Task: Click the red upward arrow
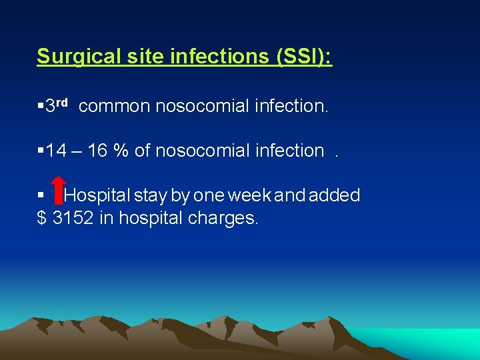[59, 189]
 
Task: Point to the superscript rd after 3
[61, 102]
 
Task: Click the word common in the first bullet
[114, 106]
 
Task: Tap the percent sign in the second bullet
[121, 151]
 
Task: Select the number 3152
[73, 217]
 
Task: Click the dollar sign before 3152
[41, 217]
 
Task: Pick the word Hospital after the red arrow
[98, 195]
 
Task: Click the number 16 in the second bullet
[97, 151]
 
